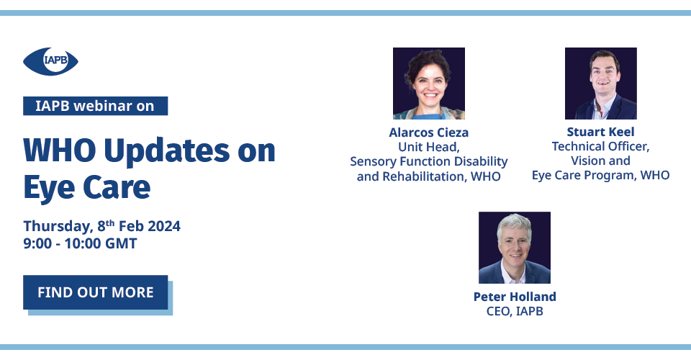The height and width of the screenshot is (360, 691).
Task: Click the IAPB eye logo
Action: [x=50, y=60]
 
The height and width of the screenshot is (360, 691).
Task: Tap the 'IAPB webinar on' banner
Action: [x=95, y=106]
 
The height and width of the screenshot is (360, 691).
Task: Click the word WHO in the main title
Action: [x=60, y=150]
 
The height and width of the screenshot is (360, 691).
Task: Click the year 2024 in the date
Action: [x=164, y=226]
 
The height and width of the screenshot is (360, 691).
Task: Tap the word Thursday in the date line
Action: [x=58, y=227]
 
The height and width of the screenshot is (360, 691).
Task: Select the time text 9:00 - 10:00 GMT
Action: [x=80, y=243]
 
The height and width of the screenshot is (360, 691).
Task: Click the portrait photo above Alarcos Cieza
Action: [x=429, y=84]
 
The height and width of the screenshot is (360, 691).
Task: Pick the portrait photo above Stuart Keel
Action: [x=600, y=84]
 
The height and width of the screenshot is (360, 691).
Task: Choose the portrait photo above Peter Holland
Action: [x=515, y=248]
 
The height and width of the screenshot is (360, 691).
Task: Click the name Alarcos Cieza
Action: [x=429, y=132]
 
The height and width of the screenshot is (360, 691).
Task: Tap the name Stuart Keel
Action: [x=600, y=132]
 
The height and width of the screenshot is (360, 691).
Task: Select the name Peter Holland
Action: [x=515, y=297]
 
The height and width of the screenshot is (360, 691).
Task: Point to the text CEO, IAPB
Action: [x=515, y=311]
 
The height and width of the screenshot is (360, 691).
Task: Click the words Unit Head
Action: [x=429, y=147]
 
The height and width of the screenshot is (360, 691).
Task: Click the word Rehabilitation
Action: [x=423, y=176]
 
